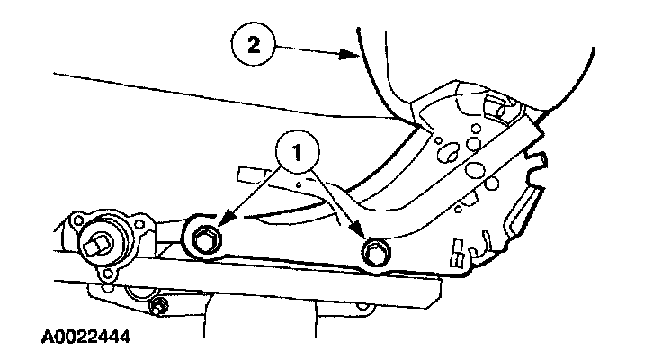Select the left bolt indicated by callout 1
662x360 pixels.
point(205,238)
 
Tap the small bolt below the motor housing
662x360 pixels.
point(159,309)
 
